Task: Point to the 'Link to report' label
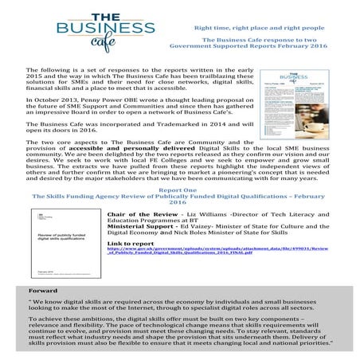[x=131, y=241]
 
